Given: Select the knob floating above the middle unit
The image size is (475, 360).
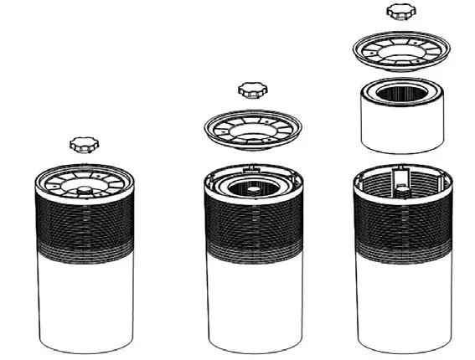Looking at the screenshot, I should pos(249,89).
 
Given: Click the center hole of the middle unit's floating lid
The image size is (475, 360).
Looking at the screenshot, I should pos(250,134).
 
